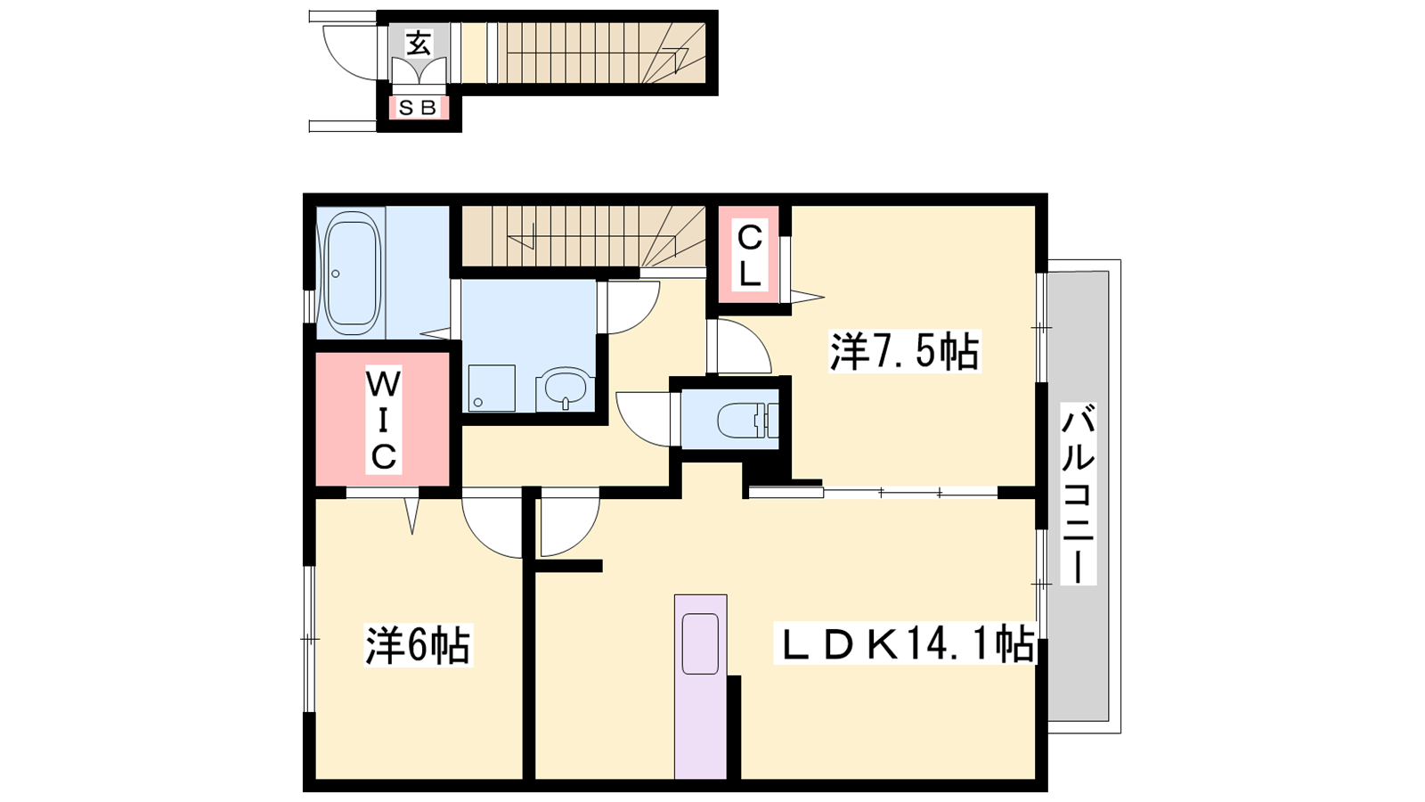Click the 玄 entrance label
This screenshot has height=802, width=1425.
pos(419,43)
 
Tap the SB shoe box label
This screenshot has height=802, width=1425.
pos(418,108)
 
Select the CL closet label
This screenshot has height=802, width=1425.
pos(749,257)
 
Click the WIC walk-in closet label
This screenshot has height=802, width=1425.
pos(384,420)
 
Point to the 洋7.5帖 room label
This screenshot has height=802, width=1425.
pos(904,351)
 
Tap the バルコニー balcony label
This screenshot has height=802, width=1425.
pos(1078,494)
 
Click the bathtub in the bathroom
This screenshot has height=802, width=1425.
pos(351,274)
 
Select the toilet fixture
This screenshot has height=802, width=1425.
pos(746,420)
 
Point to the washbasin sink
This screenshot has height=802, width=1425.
pos(563,389)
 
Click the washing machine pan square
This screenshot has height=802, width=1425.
pos(492,388)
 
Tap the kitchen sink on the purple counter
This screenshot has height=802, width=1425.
pos(700,643)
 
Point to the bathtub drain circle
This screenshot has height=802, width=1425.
pos(335,274)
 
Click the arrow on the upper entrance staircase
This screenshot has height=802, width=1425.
pos(675,57)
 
